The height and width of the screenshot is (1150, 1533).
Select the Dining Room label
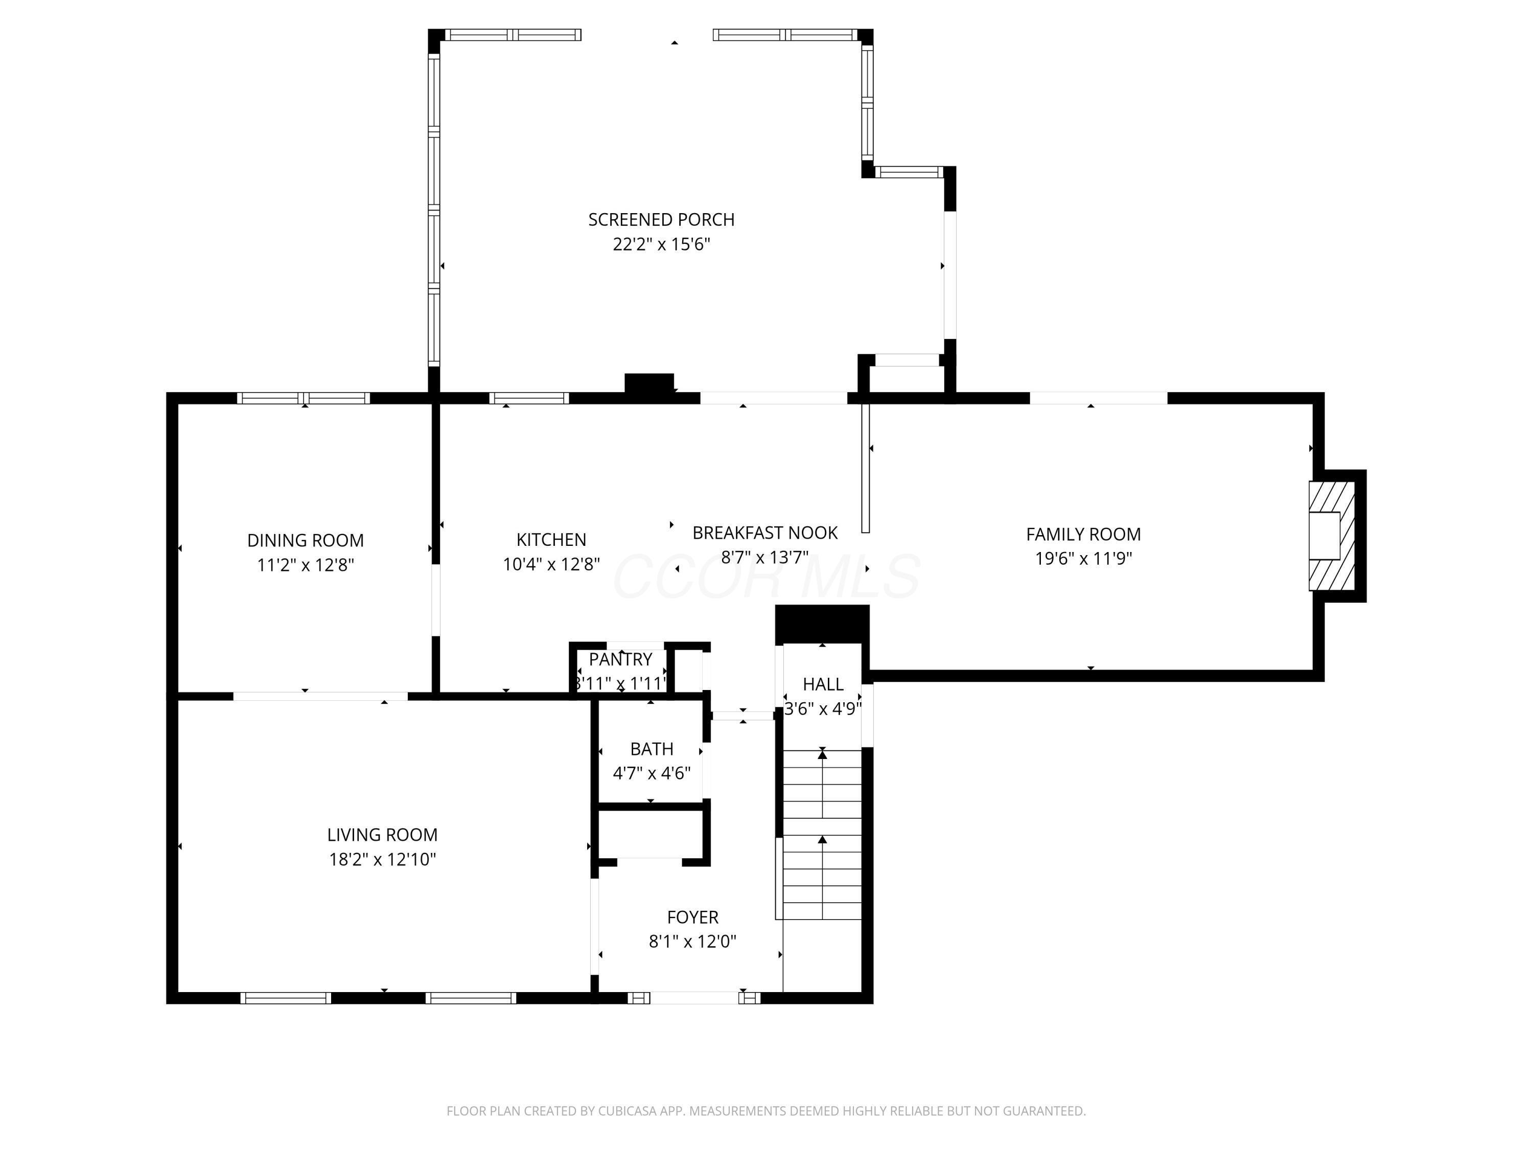(305, 541)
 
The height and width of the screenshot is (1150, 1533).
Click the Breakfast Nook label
(764, 533)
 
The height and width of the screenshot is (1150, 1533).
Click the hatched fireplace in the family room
(1331, 536)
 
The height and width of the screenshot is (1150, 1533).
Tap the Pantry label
(620, 659)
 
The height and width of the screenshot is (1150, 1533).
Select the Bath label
(652, 749)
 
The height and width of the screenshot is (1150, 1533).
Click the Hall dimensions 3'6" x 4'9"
(823, 709)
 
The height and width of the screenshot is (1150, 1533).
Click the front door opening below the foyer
(694, 998)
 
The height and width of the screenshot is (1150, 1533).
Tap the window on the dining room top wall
(303, 398)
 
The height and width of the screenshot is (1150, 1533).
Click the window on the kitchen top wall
(529, 398)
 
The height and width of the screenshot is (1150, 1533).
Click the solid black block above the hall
(822, 624)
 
